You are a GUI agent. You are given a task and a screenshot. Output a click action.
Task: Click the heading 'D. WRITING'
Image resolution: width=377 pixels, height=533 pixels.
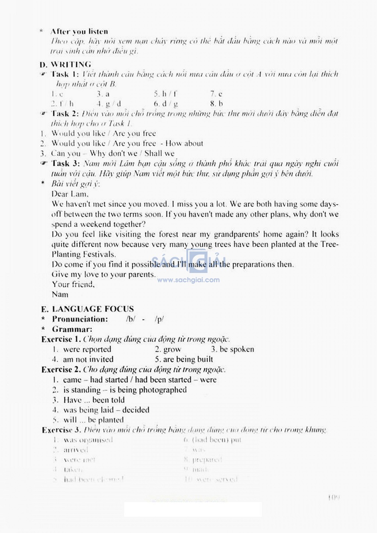pyautogui.click(x=66, y=64)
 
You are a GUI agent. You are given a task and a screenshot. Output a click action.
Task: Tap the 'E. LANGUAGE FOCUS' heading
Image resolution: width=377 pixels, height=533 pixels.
pyautogui.click(x=88, y=309)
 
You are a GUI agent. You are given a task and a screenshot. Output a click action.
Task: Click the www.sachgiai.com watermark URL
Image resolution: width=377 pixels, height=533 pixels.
pyautogui.click(x=188, y=280)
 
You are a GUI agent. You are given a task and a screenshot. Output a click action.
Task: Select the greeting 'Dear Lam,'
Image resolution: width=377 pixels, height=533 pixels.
pyautogui.click(x=70, y=194)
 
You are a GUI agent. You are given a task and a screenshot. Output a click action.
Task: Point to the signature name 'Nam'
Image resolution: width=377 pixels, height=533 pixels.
pyautogui.click(x=60, y=294)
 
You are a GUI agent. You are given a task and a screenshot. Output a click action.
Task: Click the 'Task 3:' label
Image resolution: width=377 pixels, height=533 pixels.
pyautogui.click(x=65, y=164)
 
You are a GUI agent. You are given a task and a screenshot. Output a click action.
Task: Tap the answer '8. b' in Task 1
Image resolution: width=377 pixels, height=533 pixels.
pyautogui.click(x=216, y=104)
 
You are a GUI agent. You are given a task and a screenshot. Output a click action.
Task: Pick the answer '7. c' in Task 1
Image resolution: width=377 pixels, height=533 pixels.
pyautogui.click(x=216, y=94)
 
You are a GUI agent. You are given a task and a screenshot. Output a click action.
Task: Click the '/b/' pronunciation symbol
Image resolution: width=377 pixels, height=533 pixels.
pyautogui.click(x=130, y=319)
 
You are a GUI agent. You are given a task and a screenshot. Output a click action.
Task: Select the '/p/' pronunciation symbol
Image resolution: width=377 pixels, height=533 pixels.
pyautogui.click(x=159, y=319)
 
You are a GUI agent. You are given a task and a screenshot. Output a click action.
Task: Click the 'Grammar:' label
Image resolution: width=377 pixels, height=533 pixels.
pyautogui.click(x=72, y=329)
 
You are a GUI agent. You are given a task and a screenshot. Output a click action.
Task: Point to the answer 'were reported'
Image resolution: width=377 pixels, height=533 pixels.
pyautogui.click(x=87, y=350)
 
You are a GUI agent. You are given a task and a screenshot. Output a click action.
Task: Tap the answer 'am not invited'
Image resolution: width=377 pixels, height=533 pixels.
pyautogui.click(x=88, y=360)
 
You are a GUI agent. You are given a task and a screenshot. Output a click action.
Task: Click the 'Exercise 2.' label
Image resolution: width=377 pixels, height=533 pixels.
pyautogui.click(x=61, y=370)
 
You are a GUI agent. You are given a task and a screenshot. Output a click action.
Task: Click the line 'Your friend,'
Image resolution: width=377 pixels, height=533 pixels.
pyautogui.click(x=73, y=284)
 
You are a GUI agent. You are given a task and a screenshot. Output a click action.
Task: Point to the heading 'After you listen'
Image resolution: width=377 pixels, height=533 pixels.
pyautogui.click(x=79, y=32)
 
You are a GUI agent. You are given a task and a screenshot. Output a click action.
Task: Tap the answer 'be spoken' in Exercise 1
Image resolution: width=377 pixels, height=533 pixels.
pyautogui.click(x=237, y=350)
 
